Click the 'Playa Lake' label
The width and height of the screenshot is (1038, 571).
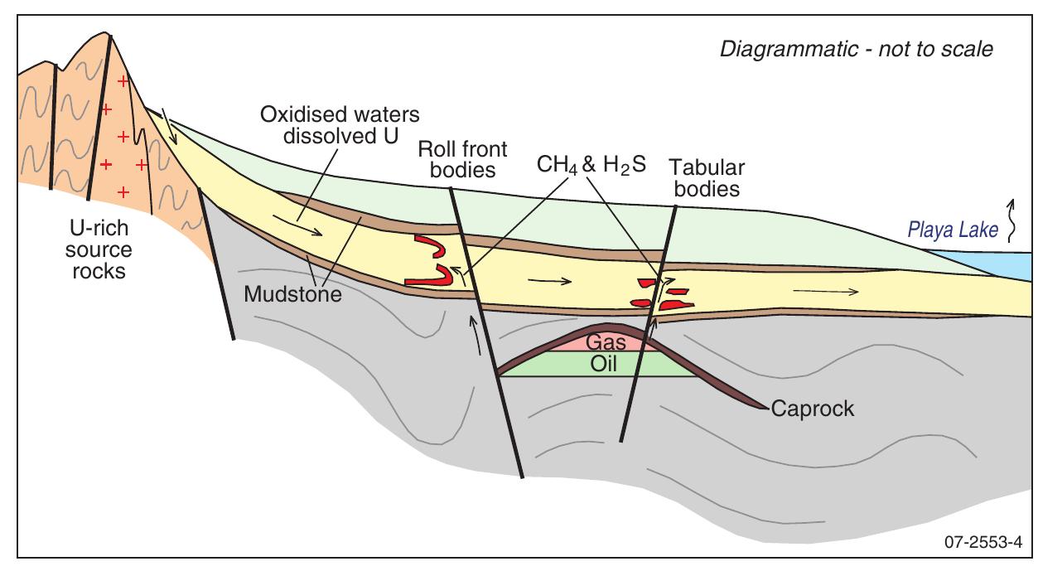(953, 230)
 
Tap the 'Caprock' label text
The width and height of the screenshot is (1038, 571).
(813, 409)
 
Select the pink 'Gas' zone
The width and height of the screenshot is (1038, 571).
(606, 341)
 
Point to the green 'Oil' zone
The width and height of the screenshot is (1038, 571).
(602, 364)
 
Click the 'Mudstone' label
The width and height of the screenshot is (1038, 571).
(293, 294)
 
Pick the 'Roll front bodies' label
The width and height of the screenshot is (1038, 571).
(462, 159)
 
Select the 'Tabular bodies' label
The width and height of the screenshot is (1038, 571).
(707, 178)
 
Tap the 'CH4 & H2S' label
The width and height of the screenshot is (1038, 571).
(591, 166)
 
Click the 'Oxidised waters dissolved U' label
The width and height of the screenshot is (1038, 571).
(340, 125)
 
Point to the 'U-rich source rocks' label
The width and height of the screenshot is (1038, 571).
(99, 249)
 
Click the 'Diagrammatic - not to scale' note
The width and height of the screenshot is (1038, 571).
(857, 50)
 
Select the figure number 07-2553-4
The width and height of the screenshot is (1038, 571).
(982, 542)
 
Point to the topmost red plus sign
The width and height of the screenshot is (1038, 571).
(123, 82)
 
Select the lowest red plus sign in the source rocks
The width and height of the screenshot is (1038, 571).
(123, 192)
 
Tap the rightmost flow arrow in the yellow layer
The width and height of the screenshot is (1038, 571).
(826, 292)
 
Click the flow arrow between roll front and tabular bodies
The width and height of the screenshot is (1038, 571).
(550, 280)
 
